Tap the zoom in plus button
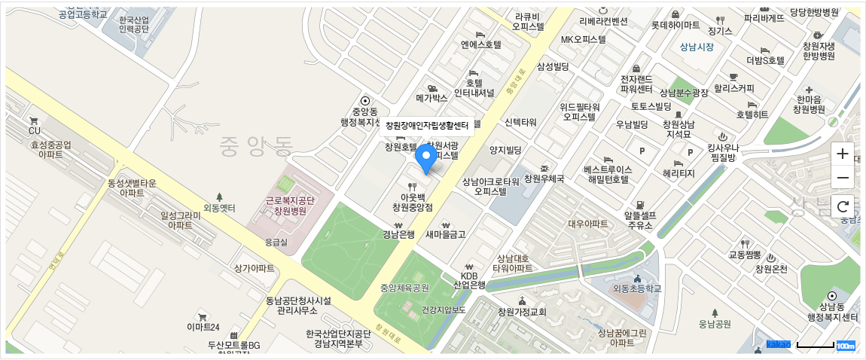point(843,154)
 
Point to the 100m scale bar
point(825,346)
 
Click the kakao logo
point(779,344)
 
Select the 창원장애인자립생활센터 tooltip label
point(426,125)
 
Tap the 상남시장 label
point(696,47)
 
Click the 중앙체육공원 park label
point(404,288)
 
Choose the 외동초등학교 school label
point(636,288)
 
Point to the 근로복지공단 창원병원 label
point(289,206)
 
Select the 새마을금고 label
point(446,234)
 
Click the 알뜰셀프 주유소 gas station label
point(639,219)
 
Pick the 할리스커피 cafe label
point(733,88)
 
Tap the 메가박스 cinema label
point(431,97)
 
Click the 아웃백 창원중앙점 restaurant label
point(412,201)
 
